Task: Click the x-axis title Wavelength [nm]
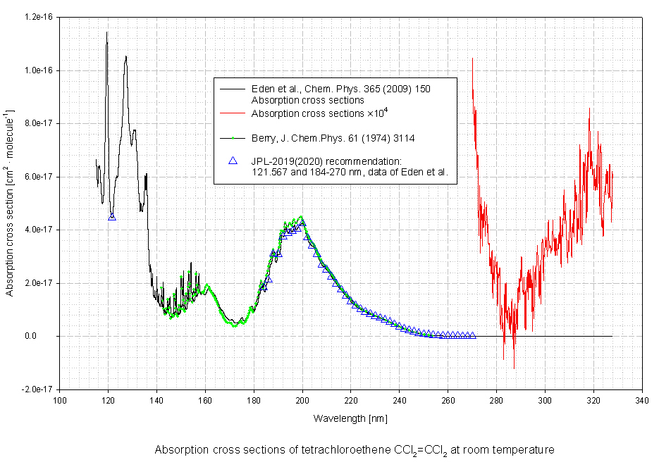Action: (350, 418)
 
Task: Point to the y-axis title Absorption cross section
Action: (10, 203)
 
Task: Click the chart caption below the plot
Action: (355, 449)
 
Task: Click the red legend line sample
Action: (232, 113)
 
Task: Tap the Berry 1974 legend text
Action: (332, 138)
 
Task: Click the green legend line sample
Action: (232, 138)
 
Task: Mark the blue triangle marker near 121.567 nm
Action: (112, 217)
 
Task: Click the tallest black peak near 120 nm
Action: (107, 32)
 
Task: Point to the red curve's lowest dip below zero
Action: (514, 368)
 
